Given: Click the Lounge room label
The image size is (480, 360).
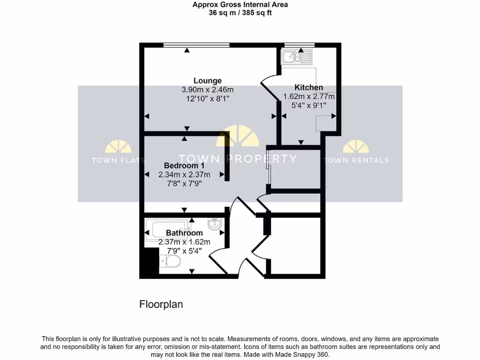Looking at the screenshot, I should [x=208, y=81].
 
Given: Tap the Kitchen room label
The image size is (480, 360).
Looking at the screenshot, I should [x=308, y=88].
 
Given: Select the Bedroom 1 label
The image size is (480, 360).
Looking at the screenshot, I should [x=184, y=165].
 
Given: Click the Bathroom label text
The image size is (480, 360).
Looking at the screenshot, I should [x=184, y=233].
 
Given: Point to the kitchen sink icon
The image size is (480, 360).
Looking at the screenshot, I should [x=296, y=58].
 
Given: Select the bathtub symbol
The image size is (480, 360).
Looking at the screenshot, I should [x=167, y=229].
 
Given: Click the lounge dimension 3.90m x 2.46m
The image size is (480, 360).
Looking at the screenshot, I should [x=208, y=90].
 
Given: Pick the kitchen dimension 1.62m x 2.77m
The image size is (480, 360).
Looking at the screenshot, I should [x=308, y=97].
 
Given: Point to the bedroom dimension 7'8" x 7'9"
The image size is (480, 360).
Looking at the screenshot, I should [x=184, y=183].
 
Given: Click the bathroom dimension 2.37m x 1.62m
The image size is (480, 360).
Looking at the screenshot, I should [x=184, y=242].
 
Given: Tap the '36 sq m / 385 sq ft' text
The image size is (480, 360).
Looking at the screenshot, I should [x=240, y=13].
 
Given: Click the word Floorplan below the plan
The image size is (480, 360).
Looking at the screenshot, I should [x=161, y=304].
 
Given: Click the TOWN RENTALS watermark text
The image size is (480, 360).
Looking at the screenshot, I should [x=356, y=160].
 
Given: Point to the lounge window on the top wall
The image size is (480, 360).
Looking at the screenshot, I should [x=196, y=45].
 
